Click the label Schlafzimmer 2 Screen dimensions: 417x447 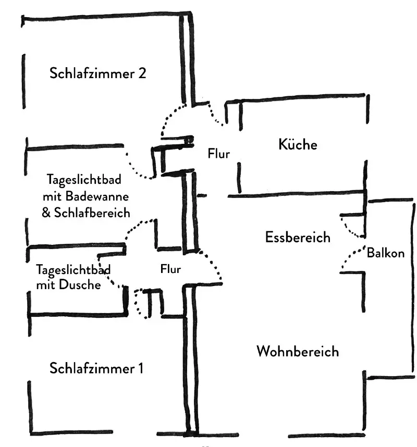click(97, 73)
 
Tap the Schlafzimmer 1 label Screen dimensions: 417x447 click(96, 368)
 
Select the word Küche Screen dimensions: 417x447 click(298, 144)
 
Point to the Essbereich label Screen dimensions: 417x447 click(298, 237)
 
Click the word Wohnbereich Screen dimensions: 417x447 click(298, 351)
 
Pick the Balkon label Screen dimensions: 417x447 click(386, 253)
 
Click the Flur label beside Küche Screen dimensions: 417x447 click(219, 154)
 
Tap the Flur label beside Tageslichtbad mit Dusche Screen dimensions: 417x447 click(170, 269)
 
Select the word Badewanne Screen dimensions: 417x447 click(97, 196)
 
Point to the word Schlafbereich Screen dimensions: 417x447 click(92, 213)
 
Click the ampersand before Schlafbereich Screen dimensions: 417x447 click(46, 213)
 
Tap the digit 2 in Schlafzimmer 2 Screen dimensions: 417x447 click(142, 73)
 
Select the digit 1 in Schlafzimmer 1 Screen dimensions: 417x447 click(141, 368)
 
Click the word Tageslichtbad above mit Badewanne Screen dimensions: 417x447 click(84, 180)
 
